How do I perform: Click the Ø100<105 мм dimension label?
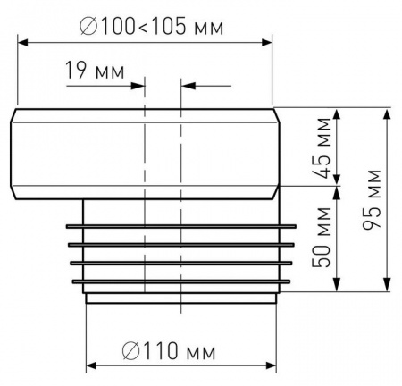click(x=152, y=26)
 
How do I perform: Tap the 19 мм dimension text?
click(x=95, y=71)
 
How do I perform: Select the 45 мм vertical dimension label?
click(x=322, y=148)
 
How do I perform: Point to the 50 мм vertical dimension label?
click(x=322, y=237)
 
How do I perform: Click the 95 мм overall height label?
click(x=372, y=199)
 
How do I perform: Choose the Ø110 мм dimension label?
click(x=169, y=351)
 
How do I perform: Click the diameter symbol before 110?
click(x=130, y=351)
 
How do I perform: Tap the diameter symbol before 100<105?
click(x=88, y=26)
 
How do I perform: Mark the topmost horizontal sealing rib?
click(x=181, y=227)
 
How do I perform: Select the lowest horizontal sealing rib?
click(x=181, y=281)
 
